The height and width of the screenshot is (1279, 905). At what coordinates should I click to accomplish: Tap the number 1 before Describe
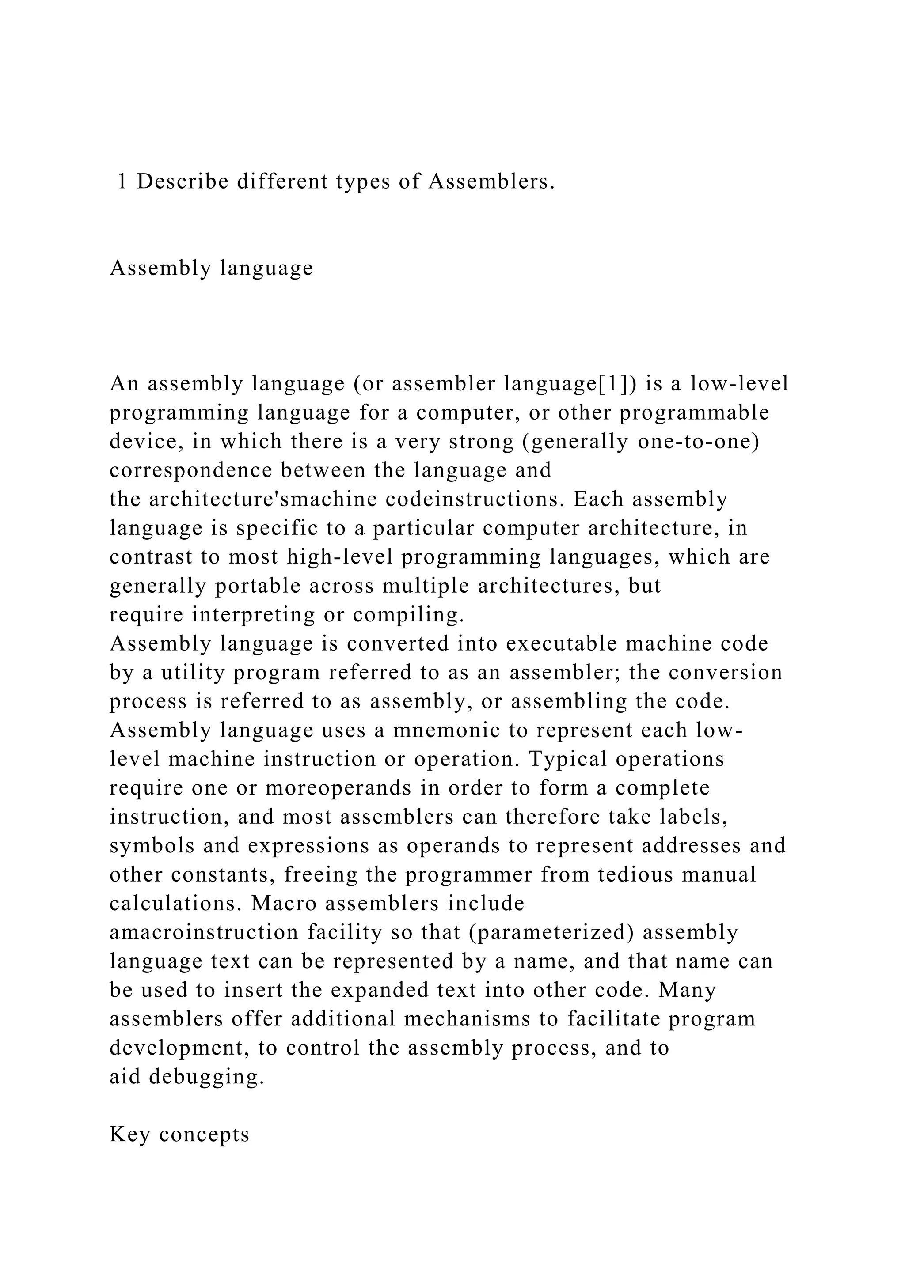click(x=122, y=182)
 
